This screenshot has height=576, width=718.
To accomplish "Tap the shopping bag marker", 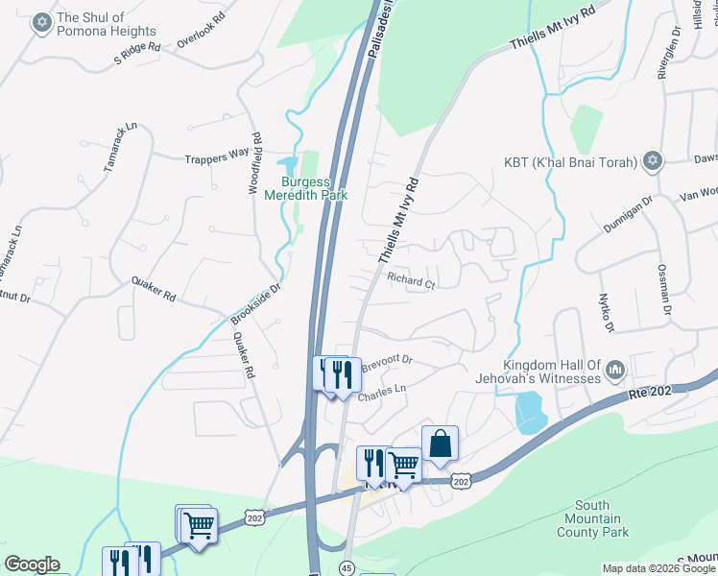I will coord(440,444).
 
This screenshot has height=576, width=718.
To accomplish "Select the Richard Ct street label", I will coord(411,281).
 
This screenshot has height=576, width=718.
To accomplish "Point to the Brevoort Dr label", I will coord(387,363).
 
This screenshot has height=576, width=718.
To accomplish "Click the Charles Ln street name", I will coord(382,394).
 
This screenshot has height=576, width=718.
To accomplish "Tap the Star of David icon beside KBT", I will coord(653,161).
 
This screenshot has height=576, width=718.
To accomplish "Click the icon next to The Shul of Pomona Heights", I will coord(40,24).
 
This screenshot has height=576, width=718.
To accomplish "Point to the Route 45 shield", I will coord(346,569).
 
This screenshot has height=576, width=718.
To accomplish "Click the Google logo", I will coord(32,564).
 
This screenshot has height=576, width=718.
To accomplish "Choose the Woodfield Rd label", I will coord(255,163).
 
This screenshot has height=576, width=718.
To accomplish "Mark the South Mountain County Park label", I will coord(601,518).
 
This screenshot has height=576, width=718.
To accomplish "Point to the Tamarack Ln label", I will coord(121,148).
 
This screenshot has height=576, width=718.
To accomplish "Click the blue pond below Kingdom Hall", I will coord(528,414).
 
